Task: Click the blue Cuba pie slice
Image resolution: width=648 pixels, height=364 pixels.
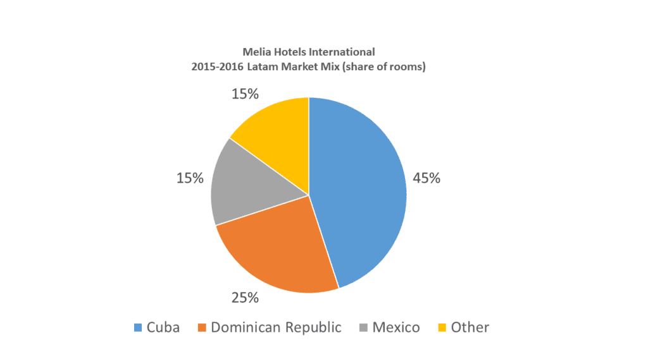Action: click(361, 190)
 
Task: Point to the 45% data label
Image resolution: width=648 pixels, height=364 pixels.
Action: click(426, 178)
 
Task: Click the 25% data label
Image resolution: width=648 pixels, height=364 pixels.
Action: click(245, 297)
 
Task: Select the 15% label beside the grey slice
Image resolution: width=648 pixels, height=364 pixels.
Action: click(190, 178)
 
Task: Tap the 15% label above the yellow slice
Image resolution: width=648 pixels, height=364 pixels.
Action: click(245, 94)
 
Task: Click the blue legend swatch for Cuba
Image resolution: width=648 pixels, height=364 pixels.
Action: click(138, 327)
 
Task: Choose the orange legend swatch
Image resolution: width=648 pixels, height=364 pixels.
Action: click(202, 327)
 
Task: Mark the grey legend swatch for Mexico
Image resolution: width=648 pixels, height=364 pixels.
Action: click(364, 327)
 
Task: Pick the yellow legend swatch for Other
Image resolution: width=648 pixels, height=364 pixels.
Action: click(443, 327)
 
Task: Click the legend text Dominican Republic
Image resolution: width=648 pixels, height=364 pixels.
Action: click(276, 327)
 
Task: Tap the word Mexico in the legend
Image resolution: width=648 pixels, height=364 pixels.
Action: click(396, 327)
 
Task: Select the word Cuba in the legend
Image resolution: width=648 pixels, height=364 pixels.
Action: click(163, 327)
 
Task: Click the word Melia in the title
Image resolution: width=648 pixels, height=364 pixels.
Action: click(255, 52)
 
